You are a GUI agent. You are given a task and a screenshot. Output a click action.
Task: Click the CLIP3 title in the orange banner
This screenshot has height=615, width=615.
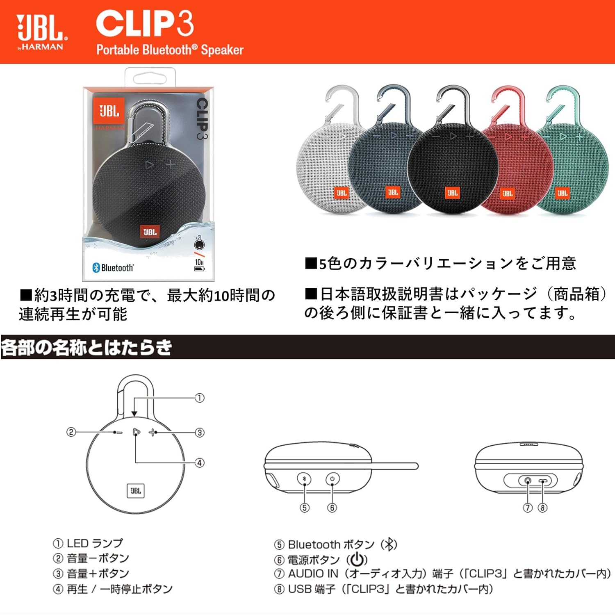pyautogui.click(x=144, y=23)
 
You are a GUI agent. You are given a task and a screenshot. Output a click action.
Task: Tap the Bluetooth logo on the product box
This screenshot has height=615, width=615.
pyautogui.click(x=113, y=268)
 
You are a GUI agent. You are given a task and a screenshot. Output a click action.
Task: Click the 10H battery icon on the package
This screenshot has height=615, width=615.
pyautogui.click(x=199, y=265)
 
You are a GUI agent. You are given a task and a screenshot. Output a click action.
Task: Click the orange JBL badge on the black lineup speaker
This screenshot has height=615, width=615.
pyautogui.click(x=452, y=193)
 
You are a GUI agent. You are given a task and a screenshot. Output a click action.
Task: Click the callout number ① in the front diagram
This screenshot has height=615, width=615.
pyautogui.click(x=199, y=398)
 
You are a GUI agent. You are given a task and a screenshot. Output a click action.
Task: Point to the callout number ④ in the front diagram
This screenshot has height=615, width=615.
pyautogui.click(x=199, y=463)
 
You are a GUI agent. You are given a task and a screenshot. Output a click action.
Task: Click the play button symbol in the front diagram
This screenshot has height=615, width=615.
pyautogui.click(x=136, y=432)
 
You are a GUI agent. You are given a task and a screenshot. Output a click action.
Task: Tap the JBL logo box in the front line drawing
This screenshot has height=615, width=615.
pyautogui.click(x=136, y=490)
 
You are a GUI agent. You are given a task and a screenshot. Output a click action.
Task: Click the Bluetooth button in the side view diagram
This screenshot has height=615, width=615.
pyautogui.click(x=304, y=478)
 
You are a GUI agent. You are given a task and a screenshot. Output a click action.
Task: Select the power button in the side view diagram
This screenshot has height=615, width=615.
pyautogui.click(x=332, y=478)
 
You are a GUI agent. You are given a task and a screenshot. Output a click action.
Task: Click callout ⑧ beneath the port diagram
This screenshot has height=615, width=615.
pyautogui.click(x=542, y=508)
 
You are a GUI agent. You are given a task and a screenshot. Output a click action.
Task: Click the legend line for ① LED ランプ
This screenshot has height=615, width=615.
pyautogui.click(x=88, y=543)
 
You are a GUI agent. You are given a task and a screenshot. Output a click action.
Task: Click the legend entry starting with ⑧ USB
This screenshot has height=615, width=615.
pyautogui.click(x=383, y=589)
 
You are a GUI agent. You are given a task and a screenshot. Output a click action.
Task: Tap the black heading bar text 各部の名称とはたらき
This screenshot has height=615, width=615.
pyautogui.click(x=86, y=347)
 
